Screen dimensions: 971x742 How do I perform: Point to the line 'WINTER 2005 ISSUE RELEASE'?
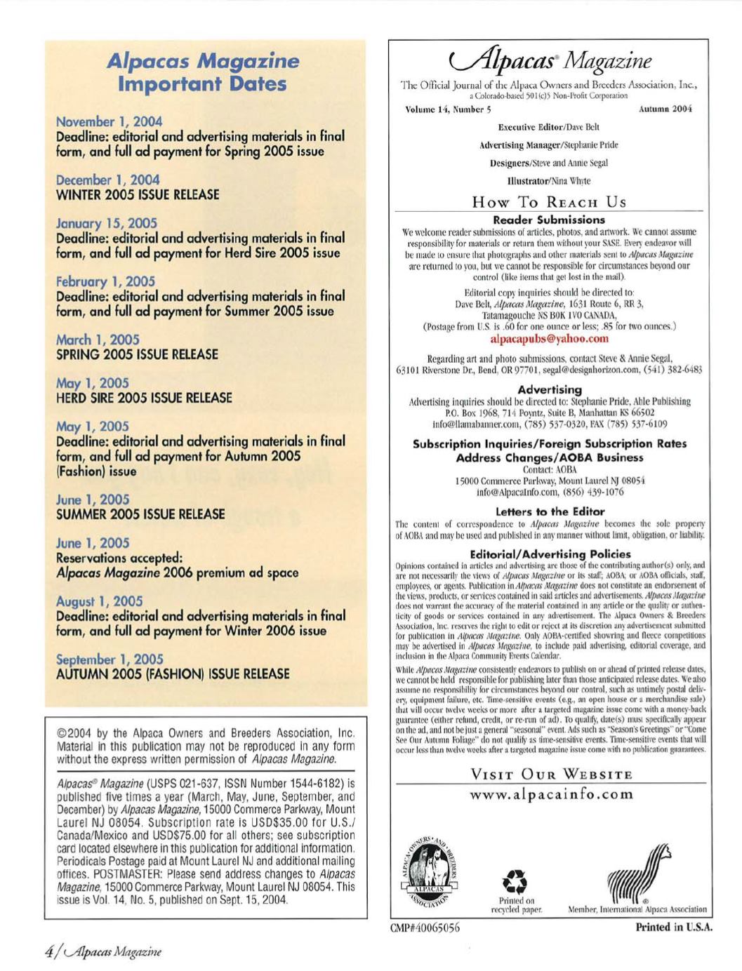click(x=138, y=194)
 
